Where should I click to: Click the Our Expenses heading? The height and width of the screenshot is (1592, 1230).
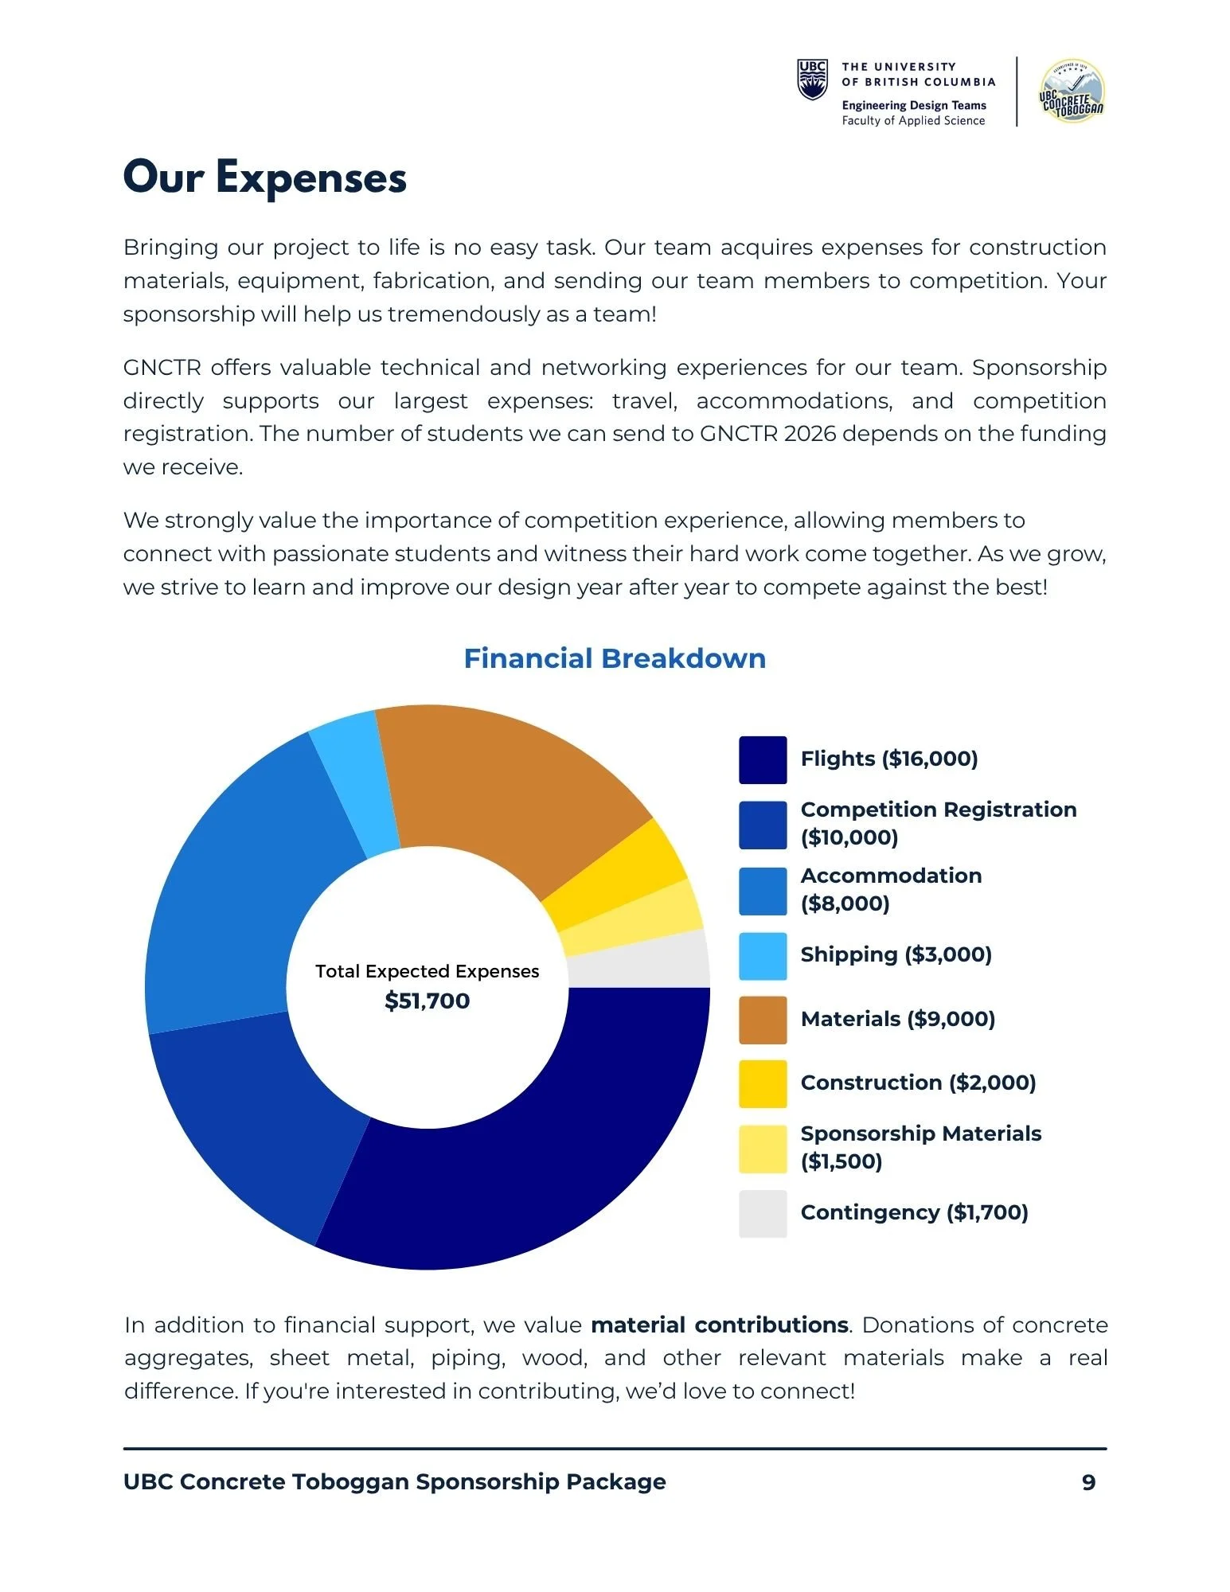pyautogui.click(x=264, y=177)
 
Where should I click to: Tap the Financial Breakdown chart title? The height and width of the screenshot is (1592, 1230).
pyautogui.click(x=614, y=658)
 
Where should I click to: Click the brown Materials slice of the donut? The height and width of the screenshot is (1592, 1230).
pyautogui.click(x=510, y=788)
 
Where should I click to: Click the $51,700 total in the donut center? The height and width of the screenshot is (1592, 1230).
pyautogui.click(x=427, y=1001)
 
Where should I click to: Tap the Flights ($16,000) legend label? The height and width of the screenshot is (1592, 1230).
pyautogui.click(x=888, y=759)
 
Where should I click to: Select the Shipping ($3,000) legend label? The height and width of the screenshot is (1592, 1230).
pyautogui.click(x=896, y=954)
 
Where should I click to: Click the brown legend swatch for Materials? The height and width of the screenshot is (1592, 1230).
pyautogui.click(x=762, y=1020)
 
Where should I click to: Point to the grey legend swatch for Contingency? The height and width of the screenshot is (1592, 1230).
pyautogui.click(x=762, y=1213)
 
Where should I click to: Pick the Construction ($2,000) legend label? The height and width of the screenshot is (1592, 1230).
pyautogui.click(x=918, y=1083)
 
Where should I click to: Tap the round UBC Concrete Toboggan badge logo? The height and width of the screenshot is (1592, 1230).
pyautogui.click(x=1072, y=91)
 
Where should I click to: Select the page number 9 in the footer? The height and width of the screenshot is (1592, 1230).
pyautogui.click(x=1088, y=1482)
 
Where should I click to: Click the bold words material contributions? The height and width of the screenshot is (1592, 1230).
pyautogui.click(x=719, y=1325)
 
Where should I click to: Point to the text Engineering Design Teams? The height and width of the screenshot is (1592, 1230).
pyautogui.click(x=913, y=105)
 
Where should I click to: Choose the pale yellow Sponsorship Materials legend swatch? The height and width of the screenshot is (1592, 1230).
pyautogui.click(x=762, y=1149)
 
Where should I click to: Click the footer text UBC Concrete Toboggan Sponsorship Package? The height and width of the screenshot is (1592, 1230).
pyautogui.click(x=394, y=1482)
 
